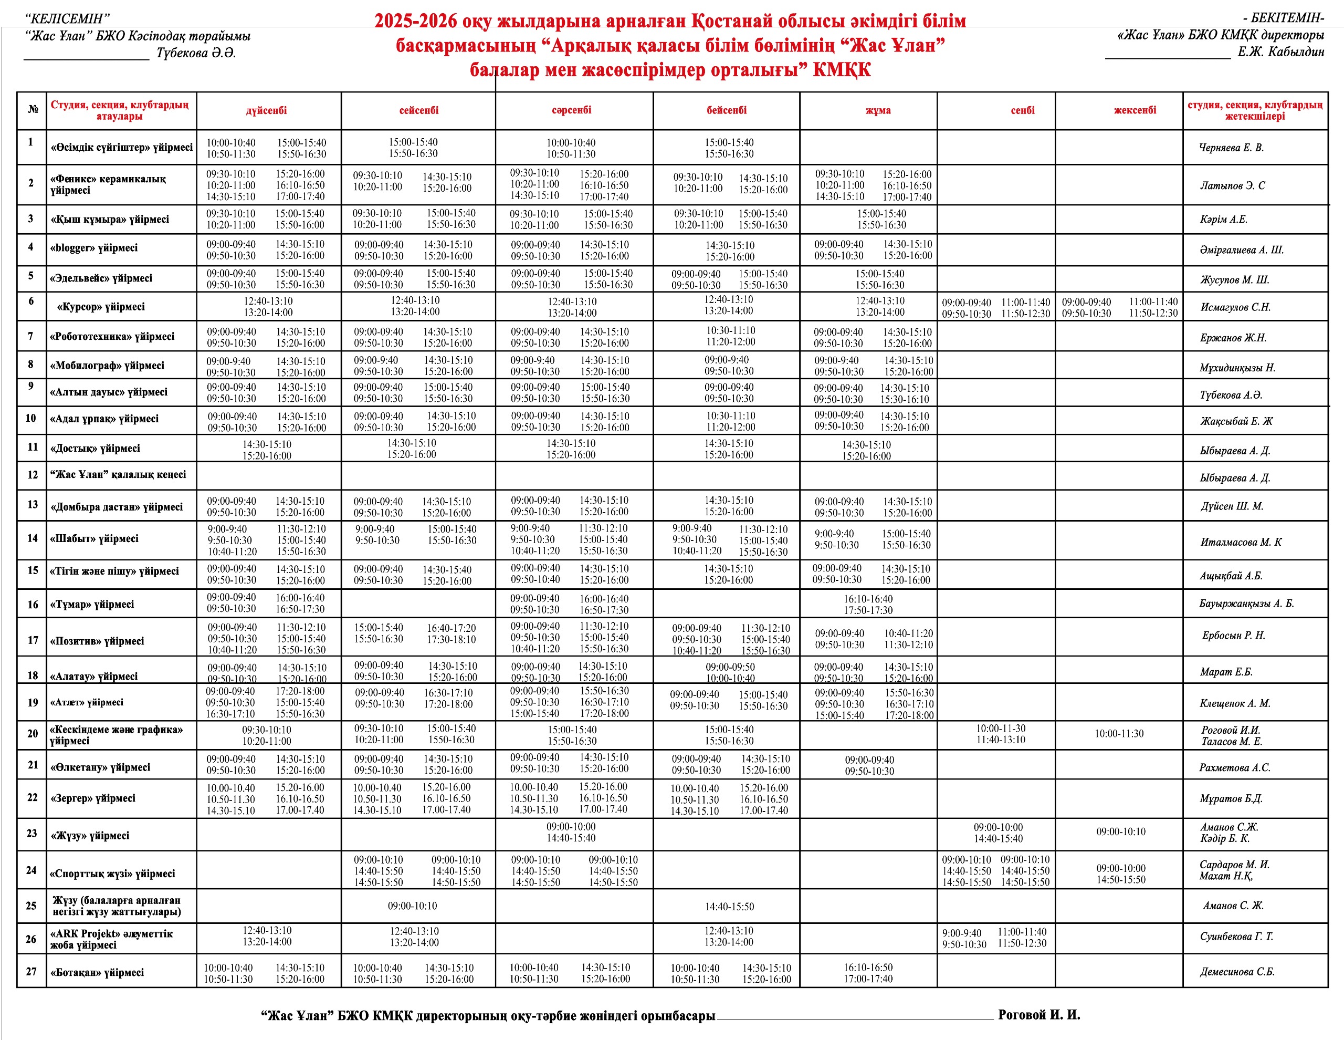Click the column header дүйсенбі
pyautogui.click(x=267, y=111)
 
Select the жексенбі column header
pyautogui.click(x=1135, y=110)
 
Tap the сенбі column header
pyautogui.click(x=1022, y=111)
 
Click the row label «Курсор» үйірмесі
pyautogui.click(x=101, y=307)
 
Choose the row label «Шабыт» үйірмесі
pyautogui.click(x=94, y=539)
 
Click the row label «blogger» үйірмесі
pyautogui.click(x=94, y=248)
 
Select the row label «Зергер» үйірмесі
pyautogui.click(x=93, y=798)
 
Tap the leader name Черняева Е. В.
pyautogui.click(x=1231, y=148)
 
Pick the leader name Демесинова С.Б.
pyautogui.click(x=1237, y=972)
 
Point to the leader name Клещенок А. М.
pyautogui.click(x=1234, y=703)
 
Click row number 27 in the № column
pyautogui.click(x=31, y=971)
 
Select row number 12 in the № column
pyautogui.click(x=33, y=475)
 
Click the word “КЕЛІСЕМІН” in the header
pyautogui.click(x=68, y=19)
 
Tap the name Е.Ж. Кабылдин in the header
pyautogui.click(x=1280, y=53)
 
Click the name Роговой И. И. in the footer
pyautogui.click(x=1039, y=1015)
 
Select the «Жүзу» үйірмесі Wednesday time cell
pyautogui.click(x=571, y=833)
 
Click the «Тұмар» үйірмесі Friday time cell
pyautogui.click(x=868, y=604)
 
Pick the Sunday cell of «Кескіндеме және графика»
pyautogui.click(x=1119, y=733)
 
